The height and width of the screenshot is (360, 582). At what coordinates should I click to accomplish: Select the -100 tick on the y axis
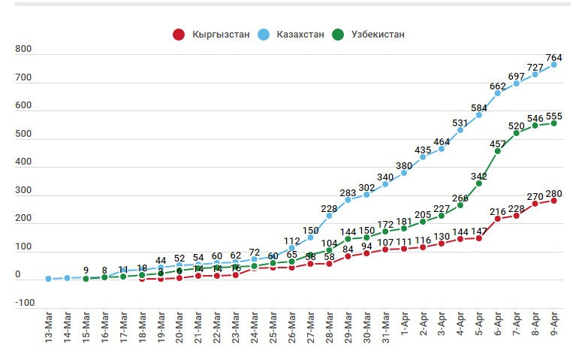pos(25,303)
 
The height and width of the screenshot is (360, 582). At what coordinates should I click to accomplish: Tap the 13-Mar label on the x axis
pos(49,328)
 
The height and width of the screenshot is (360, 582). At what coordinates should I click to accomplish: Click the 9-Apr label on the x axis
pos(554,328)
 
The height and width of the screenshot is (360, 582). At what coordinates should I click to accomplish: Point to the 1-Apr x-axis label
pos(405,328)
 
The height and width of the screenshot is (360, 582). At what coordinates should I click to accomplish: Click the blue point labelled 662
pos(498,93)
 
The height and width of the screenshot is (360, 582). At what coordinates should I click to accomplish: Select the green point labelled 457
pos(498,151)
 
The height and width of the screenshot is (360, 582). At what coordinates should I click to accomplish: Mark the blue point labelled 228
pos(330,216)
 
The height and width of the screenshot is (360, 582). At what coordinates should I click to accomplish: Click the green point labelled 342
pos(479,183)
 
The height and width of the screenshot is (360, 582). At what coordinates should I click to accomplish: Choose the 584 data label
pos(479,108)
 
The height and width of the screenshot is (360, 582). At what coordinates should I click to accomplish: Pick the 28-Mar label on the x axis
pos(330,328)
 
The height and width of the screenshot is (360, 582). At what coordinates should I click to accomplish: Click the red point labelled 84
pos(348,256)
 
